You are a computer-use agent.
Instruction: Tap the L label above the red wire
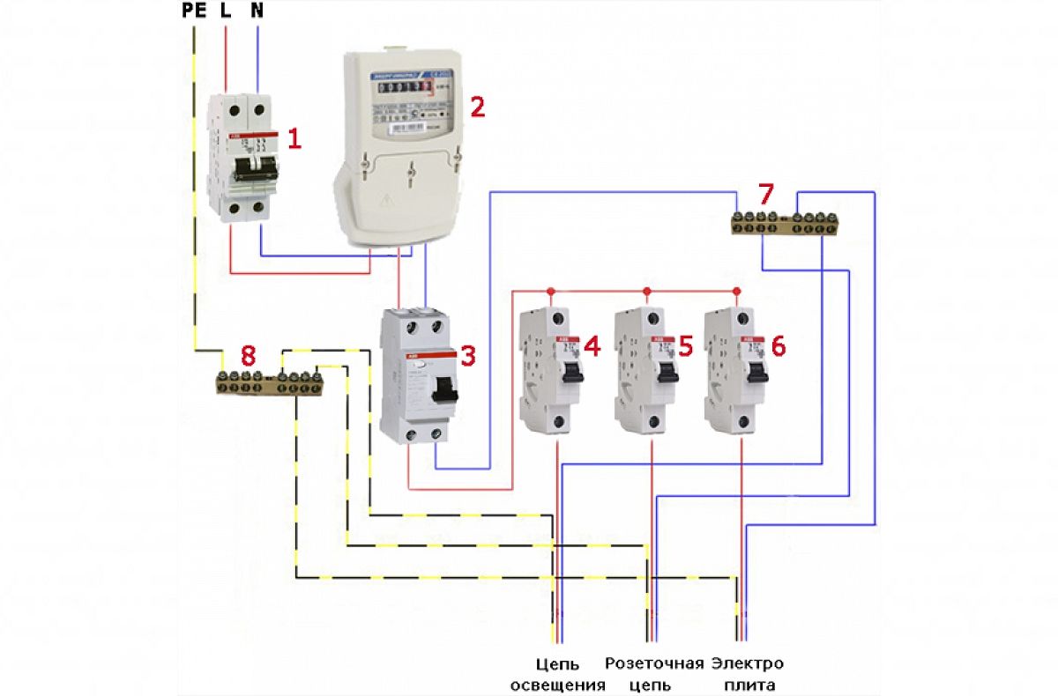tap(226, 11)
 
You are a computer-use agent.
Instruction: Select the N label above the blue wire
tap(257, 11)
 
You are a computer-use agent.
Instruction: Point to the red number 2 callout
tap(477, 107)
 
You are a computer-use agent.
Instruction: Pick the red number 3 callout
tap(467, 356)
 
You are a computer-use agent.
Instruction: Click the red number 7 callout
tap(765, 192)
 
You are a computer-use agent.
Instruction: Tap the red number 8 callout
tap(249, 355)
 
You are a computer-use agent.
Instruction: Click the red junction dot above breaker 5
tap(646, 291)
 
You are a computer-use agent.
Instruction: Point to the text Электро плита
tap(748, 674)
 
